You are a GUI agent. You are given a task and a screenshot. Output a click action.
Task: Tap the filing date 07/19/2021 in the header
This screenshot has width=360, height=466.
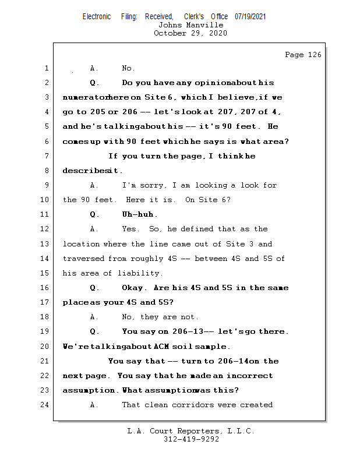pyautogui.click(x=250, y=16)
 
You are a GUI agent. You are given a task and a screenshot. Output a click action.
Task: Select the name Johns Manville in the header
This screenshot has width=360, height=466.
pyautogui.click(x=190, y=25)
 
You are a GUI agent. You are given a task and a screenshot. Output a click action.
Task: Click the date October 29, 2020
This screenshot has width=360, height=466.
pyautogui.click(x=190, y=33)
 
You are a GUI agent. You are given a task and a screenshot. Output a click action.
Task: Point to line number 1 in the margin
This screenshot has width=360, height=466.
pyautogui.click(x=47, y=68)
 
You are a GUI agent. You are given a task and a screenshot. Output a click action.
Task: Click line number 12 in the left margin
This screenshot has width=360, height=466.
pyautogui.click(x=45, y=229)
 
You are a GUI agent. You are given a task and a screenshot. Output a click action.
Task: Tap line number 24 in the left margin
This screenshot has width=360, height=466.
pyautogui.click(x=45, y=405)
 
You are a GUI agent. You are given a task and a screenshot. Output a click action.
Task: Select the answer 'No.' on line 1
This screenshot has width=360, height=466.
pyautogui.click(x=128, y=68)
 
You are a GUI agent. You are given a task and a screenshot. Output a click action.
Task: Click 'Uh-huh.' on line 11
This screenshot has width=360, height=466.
pyautogui.click(x=140, y=214)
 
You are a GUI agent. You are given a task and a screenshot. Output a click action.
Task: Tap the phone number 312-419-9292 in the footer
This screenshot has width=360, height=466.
pyautogui.click(x=191, y=439)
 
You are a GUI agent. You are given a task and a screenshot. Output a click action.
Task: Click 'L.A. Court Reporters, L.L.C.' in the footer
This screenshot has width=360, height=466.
pyautogui.click(x=191, y=431)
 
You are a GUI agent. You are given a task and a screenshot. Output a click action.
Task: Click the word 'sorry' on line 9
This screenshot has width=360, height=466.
pyautogui.click(x=151, y=185)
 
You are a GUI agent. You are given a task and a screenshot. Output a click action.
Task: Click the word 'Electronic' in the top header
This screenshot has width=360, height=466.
pyautogui.click(x=97, y=16)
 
